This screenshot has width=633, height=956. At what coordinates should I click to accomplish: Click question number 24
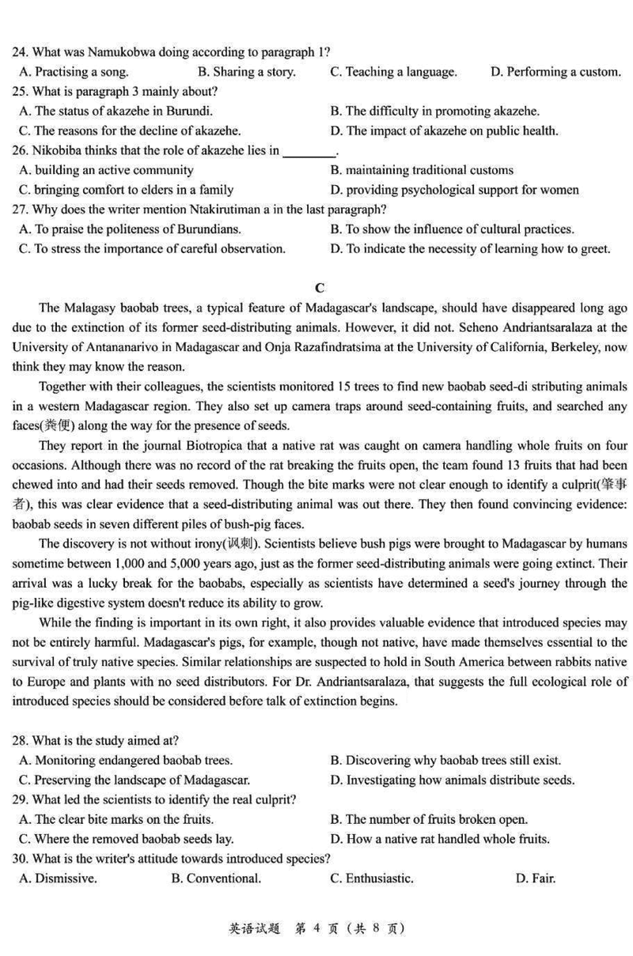[x=20, y=52]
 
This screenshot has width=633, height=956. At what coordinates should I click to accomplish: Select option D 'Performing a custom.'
[x=555, y=72]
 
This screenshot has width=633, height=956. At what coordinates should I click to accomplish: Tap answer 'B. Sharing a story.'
[x=246, y=72]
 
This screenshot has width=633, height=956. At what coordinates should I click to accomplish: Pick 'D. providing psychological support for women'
[x=454, y=190]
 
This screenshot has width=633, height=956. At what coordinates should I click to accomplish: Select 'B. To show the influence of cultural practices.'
[x=452, y=229]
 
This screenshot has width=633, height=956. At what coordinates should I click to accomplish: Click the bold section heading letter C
[x=319, y=288]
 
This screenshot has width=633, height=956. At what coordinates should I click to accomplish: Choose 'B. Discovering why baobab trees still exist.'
[x=445, y=760]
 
